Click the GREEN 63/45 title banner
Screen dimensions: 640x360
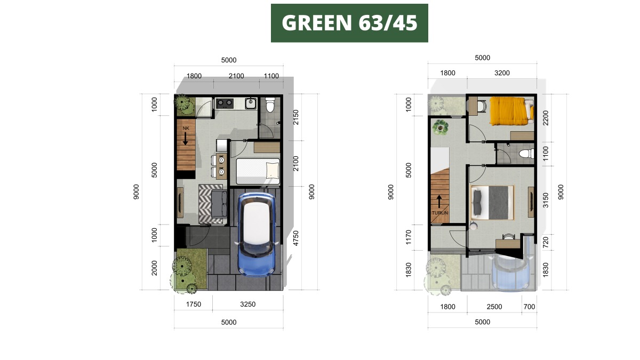click(x=349, y=23)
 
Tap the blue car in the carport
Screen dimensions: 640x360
click(x=257, y=234)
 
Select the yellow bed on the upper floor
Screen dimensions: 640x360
click(x=511, y=111)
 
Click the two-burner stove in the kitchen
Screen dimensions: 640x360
click(x=225, y=103)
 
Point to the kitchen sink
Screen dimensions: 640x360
click(x=251, y=103)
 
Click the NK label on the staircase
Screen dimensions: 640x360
click(x=186, y=129)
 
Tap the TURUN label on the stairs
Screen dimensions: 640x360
click(x=439, y=213)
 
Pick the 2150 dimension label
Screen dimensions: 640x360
click(x=295, y=117)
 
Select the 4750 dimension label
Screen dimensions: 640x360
click(x=295, y=238)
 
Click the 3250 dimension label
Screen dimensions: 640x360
click(x=247, y=305)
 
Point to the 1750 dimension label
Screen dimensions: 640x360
click(x=194, y=305)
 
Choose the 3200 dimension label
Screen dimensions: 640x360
click(x=502, y=73)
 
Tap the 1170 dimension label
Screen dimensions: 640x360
click(x=409, y=237)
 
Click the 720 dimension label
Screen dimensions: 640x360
click(x=546, y=242)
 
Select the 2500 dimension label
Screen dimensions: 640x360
click(x=494, y=307)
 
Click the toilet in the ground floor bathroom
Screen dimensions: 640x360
click(x=270, y=105)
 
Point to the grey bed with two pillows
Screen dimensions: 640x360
click(x=492, y=203)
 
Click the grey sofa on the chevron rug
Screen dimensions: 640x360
click(x=219, y=204)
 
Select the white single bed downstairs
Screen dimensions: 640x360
click(x=258, y=171)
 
